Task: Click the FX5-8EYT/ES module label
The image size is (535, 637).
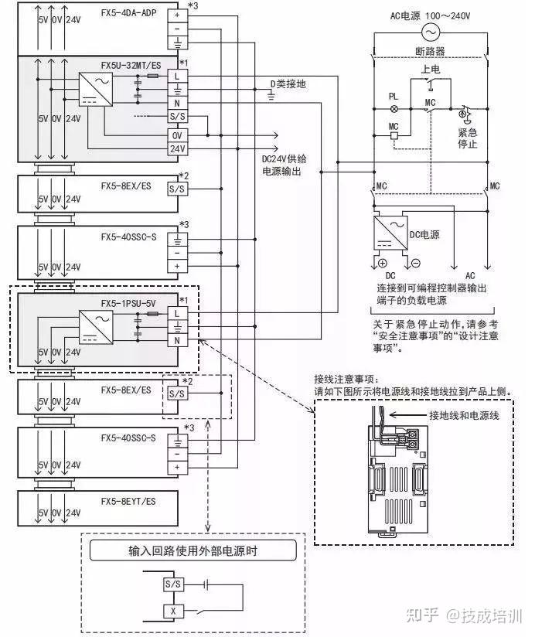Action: [128, 502]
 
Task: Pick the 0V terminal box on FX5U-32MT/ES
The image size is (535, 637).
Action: [177, 135]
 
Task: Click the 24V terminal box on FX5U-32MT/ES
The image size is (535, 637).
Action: [177, 148]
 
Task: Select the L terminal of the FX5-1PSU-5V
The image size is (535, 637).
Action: [177, 312]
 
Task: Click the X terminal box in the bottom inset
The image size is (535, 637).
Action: [172, 611]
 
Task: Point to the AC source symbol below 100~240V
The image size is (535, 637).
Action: [429, 32]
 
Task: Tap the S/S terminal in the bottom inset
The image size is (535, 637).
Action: [172, 585]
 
